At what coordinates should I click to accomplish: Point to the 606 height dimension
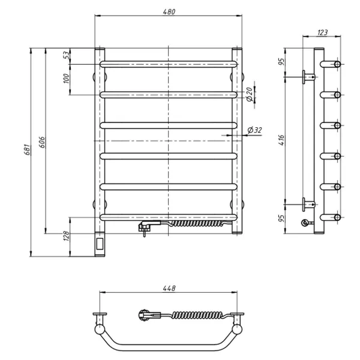(43, 142)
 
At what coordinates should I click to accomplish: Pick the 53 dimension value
(65, 56)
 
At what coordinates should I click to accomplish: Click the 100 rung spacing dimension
(65, 78)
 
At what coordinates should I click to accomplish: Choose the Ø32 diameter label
(254, 130)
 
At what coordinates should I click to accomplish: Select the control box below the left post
(100, 243)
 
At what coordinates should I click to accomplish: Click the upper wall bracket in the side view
(308, 76)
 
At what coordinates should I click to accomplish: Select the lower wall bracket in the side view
(308, 205)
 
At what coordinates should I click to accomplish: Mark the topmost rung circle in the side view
(337, 64)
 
